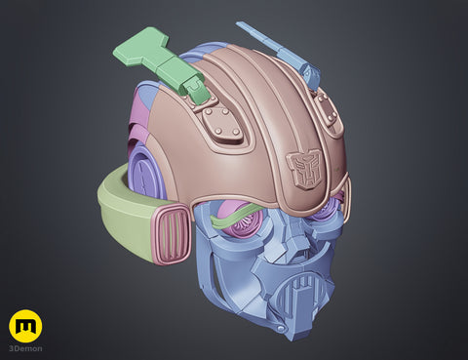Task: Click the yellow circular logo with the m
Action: tap(25, 326)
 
